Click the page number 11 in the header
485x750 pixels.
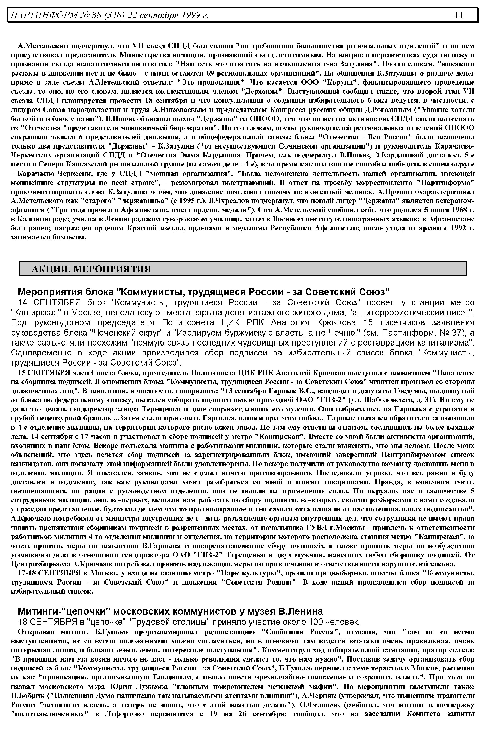pos(458,15)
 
